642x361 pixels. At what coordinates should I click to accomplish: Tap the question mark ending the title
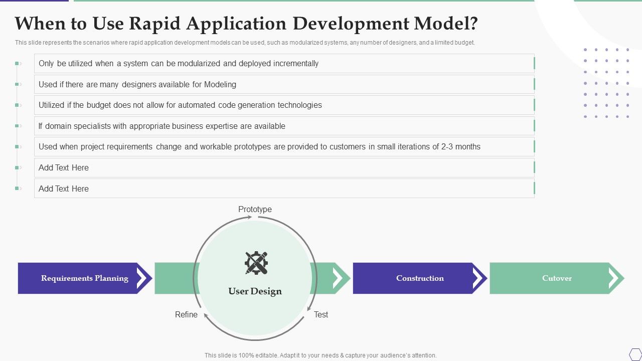[x=472, y=24]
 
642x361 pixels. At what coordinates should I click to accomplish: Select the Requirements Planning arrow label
[x=85, y=278]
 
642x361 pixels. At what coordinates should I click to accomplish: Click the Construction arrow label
[x=420, y=278]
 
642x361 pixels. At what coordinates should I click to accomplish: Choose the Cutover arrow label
[x=557, y=278]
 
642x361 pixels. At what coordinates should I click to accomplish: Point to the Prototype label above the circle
[x=255, y=209]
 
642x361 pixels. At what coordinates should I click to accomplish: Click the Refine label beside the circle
[x=186, y=314]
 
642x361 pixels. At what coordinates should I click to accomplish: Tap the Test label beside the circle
[x=321, y=314]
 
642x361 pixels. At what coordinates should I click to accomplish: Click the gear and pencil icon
[x=256, y=263]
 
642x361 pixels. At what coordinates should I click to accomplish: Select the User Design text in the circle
[x=255, y=291]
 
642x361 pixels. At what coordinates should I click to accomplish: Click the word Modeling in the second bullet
[x=220, y=84]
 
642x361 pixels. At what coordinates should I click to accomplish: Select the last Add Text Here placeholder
[x=64, y=189]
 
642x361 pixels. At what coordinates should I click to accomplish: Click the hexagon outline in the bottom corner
[x=635, y=354]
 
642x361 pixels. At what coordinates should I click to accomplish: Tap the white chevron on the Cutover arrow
[x=614, y=278]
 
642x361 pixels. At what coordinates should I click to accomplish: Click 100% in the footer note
[x=247, y=355]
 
